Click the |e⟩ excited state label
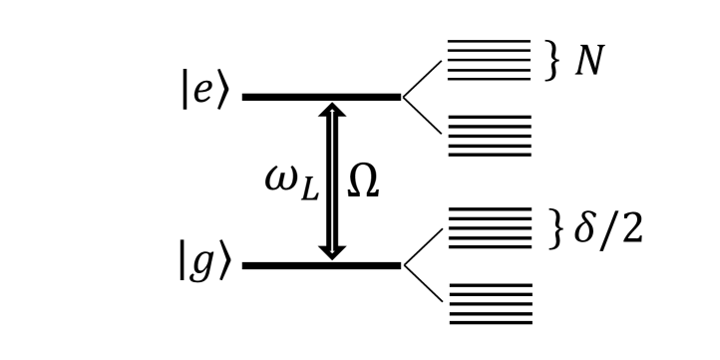204,89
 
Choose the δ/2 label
606,228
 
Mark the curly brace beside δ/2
555,228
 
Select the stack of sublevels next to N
489,60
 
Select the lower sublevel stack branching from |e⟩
489,136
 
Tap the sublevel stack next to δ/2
489,228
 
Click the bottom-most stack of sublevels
489,303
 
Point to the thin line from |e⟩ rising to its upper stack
421,79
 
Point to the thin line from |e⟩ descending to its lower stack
421,116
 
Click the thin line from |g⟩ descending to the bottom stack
421,284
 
